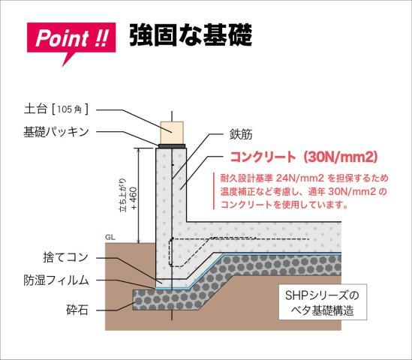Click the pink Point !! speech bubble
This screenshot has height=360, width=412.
(71, 40)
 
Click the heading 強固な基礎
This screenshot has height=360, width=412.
(191, 35)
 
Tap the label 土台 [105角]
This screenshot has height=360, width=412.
(56, 109)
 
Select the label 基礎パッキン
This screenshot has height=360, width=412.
(56, 132)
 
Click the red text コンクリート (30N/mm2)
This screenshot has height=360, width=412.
(304, 157)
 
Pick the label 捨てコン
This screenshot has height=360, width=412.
(66, 257)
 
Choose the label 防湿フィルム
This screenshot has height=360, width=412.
(56, 280)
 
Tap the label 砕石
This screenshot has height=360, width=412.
(77, 310)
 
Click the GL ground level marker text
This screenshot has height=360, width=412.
(110, 238)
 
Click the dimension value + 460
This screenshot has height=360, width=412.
(134, 199)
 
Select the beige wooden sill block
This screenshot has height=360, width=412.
(172, 133)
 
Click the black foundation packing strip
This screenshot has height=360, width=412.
(172, 145)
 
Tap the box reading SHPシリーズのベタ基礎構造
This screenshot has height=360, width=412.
(323, 302)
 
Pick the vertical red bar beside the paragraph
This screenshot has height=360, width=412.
(214, 191)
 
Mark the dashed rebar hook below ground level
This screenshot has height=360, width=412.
(170, 253)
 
